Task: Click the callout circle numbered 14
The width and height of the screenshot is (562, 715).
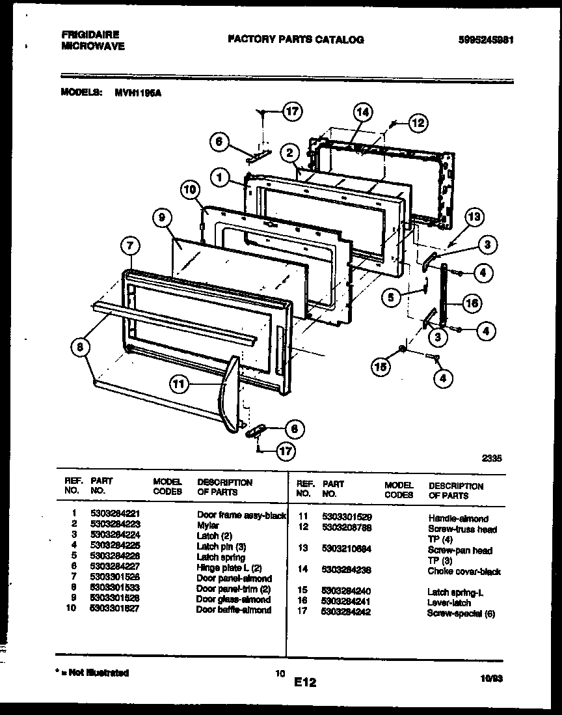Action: [363, 112]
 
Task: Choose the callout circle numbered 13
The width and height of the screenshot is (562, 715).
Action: [475, 217]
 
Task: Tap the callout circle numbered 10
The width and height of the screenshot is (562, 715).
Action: [189, 190]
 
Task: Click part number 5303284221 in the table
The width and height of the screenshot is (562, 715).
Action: [116, 514]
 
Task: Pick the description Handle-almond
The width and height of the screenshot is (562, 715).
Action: [458, 518]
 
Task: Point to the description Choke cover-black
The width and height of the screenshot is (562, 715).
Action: [464, 572]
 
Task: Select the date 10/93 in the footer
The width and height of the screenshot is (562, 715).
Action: [491, 678]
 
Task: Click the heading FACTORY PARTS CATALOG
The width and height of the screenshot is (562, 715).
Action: [295, 39]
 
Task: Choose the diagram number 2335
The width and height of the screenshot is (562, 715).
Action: [491, 458]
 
